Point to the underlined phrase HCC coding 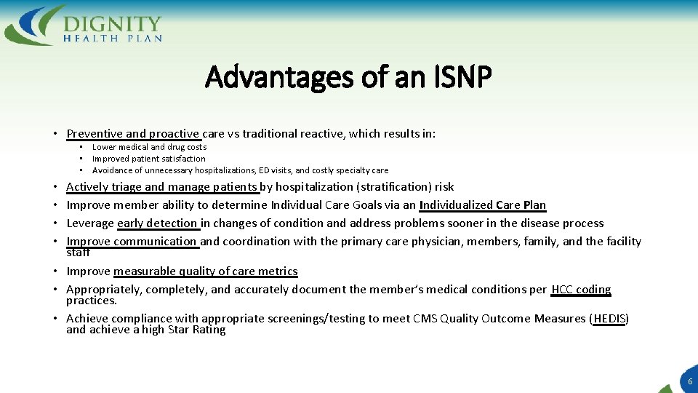[581, 289]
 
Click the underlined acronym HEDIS [609, 318]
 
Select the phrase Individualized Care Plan [482, 205]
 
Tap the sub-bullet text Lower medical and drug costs [149, 147]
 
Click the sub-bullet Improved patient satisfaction [148, 159]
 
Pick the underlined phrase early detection [157, 223]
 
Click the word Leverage [90, 223]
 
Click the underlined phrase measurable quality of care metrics [205, 271]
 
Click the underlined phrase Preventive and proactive [133, 134]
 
